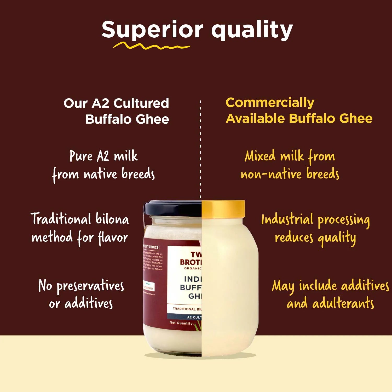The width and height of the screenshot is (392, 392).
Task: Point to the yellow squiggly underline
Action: coord(151,47)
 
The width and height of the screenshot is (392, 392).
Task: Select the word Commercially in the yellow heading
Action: coord(270,103)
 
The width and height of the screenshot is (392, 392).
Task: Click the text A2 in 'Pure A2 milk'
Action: coord(103,156)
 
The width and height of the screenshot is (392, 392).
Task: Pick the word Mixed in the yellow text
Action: coord(260,156)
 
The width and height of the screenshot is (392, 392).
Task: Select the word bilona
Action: coord(112,219)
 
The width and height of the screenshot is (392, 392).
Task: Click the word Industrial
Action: coord(287,220)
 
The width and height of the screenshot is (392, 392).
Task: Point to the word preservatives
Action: coord(90,286)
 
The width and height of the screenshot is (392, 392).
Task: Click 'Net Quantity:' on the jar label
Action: coord(182,323)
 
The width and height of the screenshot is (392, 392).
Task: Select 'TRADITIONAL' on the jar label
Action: coord(184,309)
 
